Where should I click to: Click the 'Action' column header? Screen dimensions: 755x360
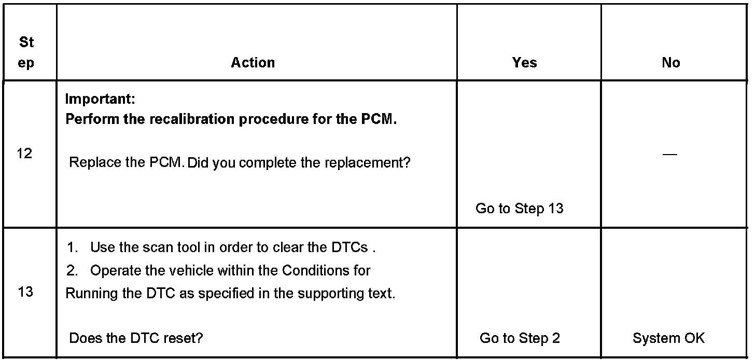click(253, 63)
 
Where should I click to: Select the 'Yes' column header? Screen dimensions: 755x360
click(524, 63)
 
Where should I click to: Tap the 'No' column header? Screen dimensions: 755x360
click(670, 63)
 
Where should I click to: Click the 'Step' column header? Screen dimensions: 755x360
click(26, 53)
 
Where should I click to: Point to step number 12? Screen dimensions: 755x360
click(24, 154)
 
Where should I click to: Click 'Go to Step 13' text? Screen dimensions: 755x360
click(519, 209)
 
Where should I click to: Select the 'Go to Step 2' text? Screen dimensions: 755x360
click(520, 338)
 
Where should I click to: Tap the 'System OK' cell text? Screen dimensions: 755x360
click(668, 338)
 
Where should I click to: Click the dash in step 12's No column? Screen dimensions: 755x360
click(670, 154)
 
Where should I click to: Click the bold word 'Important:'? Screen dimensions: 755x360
click(100, 99)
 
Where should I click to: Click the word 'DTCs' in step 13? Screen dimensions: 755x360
click(349, 247)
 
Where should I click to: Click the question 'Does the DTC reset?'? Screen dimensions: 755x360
click(136, 338)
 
